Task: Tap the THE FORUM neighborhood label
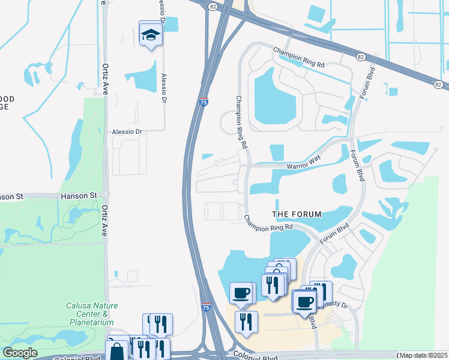[297, 214]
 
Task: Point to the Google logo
[20, 353]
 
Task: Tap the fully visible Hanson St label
[79, 196]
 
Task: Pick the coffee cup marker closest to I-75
[242, 293]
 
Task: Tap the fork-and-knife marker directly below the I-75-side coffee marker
[246, 322]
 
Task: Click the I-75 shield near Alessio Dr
[204, 103]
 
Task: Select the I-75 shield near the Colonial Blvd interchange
[206, 307]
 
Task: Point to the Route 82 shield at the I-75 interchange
[212, 6]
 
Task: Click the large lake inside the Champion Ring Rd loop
[275, 96]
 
